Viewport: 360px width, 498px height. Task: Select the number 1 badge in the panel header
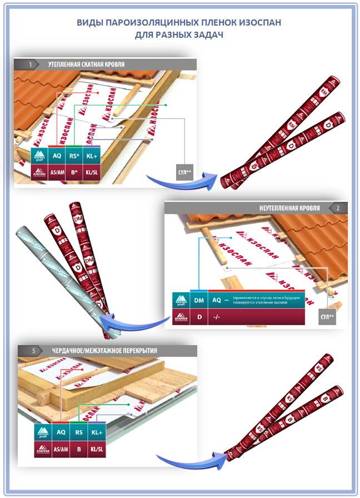pos(30,64)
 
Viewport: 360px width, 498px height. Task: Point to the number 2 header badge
pos(338,208)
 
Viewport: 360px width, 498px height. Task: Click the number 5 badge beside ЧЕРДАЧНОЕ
pos(34,351)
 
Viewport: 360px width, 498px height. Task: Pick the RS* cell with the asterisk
pos(74,156)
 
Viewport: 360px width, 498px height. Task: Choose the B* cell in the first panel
pos(74,172)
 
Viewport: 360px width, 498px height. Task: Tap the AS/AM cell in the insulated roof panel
pos(57,172)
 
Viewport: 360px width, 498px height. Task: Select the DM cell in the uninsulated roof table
pos(198,299)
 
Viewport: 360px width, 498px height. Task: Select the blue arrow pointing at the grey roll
pos(139,321)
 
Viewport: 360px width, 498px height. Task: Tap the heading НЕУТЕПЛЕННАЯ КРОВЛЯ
pos(289,208)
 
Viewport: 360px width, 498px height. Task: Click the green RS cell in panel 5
pos(78,431)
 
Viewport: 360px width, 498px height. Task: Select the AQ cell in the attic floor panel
pos(59,431)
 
